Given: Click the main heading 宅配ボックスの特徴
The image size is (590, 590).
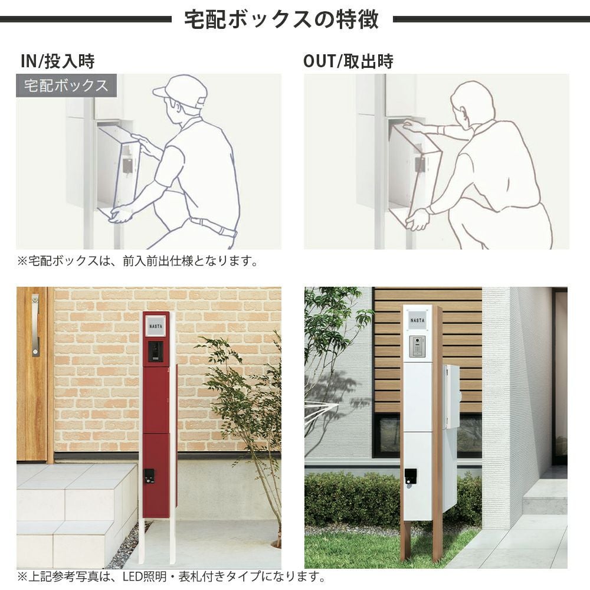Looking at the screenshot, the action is click(281, 19).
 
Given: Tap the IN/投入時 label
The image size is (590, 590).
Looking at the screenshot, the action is click(58, 61).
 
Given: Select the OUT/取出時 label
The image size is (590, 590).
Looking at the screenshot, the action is click(349, 61).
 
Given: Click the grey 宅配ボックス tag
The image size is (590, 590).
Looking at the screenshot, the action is click(66, 86).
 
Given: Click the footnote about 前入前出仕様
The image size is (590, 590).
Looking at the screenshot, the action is click(137, 261).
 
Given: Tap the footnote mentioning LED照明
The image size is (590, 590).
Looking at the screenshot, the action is click(172, 576).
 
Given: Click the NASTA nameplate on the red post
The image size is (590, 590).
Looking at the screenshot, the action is click(155, 326).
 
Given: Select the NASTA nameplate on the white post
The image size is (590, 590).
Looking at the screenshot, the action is click(418, 320).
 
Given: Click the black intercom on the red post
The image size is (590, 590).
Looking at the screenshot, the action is click(155, 352).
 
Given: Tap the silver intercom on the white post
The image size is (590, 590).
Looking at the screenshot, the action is click(417, 346).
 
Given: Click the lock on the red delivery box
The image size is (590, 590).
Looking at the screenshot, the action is click(149, 476).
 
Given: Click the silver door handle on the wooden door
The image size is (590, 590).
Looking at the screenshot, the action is click(35, 325).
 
